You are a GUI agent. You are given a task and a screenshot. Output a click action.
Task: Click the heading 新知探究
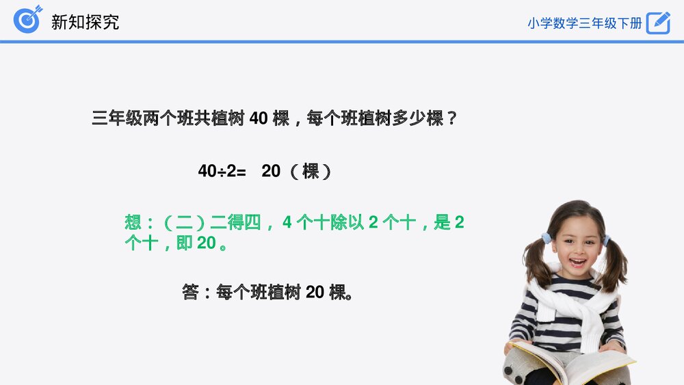coord(85,21)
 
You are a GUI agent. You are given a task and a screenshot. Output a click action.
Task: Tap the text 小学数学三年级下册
coord(584,23)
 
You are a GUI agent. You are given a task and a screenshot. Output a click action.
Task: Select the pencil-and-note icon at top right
coord(658,23)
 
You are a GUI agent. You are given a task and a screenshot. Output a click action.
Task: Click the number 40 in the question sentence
coord(258,118)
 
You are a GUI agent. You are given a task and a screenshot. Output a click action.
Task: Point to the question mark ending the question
coord(451,118)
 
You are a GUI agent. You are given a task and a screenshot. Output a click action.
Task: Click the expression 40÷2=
coord(222,171)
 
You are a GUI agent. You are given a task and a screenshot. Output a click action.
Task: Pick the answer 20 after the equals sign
coord(271,171)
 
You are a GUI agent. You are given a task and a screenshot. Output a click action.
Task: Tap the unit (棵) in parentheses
coord(311,171)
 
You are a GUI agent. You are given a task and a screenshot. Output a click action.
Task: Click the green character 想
coord(133,222)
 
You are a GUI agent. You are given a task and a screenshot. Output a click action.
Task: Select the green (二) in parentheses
coord(185,222)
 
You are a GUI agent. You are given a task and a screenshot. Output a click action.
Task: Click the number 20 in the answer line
coord(315,293)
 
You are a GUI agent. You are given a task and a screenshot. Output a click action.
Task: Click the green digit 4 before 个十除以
coord(287,222)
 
